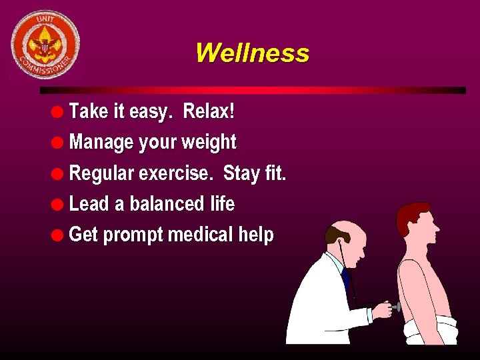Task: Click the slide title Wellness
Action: pos(252,53)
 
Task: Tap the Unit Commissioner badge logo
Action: pos(45,44)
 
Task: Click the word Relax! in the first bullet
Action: pos(209,111)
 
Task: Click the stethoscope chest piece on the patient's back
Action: pos(397,307)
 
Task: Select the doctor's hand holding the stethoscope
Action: pos(382,309)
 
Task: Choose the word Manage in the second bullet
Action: pos(101,142)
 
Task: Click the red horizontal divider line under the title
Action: pos(253,90)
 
